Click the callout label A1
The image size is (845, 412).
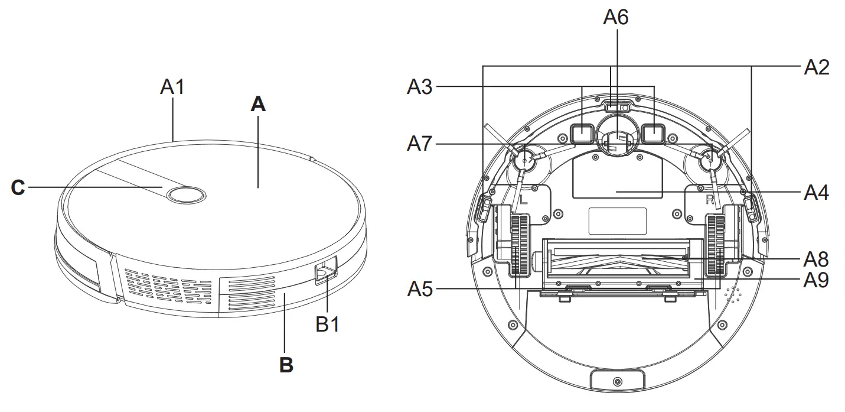[172, 87]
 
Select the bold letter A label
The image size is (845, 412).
[258, 105]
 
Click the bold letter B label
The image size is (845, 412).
[286, 365]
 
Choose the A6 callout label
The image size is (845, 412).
[615, 18]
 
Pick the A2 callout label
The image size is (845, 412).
[816, 67]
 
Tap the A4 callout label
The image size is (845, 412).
[816, 192]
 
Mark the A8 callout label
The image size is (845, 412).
[816, 259]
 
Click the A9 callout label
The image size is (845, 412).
[816, 280]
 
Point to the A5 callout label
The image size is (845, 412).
[419, 289]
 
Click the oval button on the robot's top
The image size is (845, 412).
[185, 194]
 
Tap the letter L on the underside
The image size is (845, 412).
[524, 200]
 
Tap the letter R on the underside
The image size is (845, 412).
[711, 200]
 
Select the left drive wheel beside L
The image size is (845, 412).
[519, 244]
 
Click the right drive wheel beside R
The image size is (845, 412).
[715, 244]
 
